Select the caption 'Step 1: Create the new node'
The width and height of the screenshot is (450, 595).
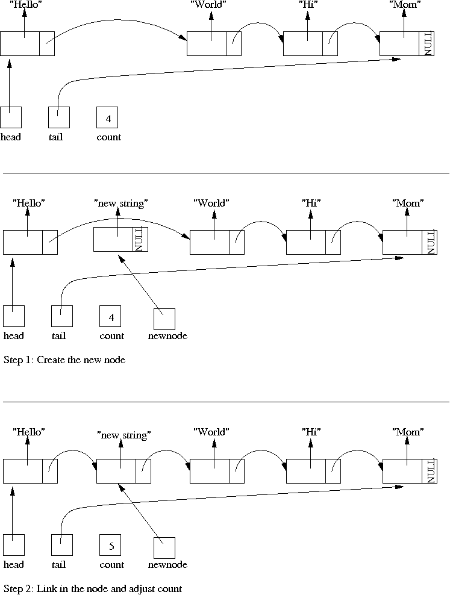64,360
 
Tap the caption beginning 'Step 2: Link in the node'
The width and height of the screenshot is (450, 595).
92,588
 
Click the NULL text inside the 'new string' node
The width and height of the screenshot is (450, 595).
140,240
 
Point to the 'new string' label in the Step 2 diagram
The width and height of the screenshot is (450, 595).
123,434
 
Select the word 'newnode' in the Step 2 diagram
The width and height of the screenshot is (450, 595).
167,565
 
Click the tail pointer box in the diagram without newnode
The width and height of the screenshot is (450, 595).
59,117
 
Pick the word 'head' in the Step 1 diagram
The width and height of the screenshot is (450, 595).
14,336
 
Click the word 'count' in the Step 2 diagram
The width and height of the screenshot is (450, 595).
111,565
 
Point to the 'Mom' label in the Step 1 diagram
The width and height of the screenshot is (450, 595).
407,203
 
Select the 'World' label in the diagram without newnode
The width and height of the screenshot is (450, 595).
208,5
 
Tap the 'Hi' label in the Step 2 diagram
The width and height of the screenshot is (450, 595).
311,432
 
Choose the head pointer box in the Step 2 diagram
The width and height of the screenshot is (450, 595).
14,545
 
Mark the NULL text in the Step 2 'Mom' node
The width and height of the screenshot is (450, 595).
430,470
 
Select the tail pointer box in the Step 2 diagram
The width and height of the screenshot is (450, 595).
62,545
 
